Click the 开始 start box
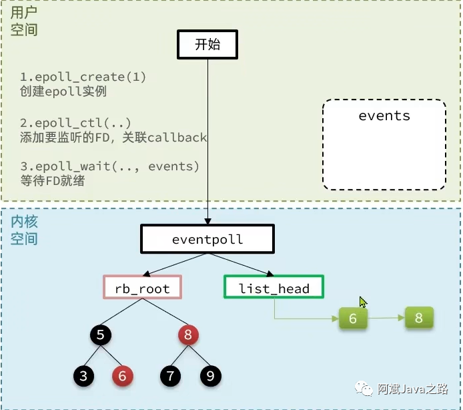pyautogui.click(x=207, y=45)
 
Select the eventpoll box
pyautogui.click(x=207, y=239)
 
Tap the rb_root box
pyautogui.click(x=142, y=288)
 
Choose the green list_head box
pyautogui.click(x=274, y=288)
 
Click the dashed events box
pyautogui.click(x=384, y=144)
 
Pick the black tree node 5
pyautogui.click(x=100, y=335)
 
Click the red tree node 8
pyautogui.click(x=187, y=335)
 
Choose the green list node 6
pyautogui.click(x=353, y=319)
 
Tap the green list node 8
pyautogui.click(x=419, y=318)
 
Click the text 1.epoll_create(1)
pyautogui.click(x=83, y=77)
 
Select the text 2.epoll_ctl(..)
pyautogui.click(x=75, y=123)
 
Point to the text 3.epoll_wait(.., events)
pyautogui.click(x=109, y=166)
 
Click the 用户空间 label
pyautogui.click(x=24, y=21)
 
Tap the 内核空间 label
pyautogui.click(x=24, y=230)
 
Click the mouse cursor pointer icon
pyautogui.click(x=363, y=302)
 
